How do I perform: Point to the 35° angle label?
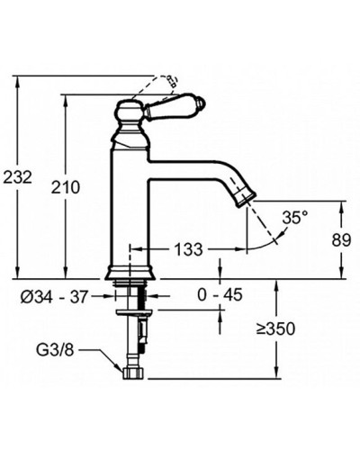click(296, 217)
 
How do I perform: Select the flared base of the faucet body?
click(131, 271)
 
